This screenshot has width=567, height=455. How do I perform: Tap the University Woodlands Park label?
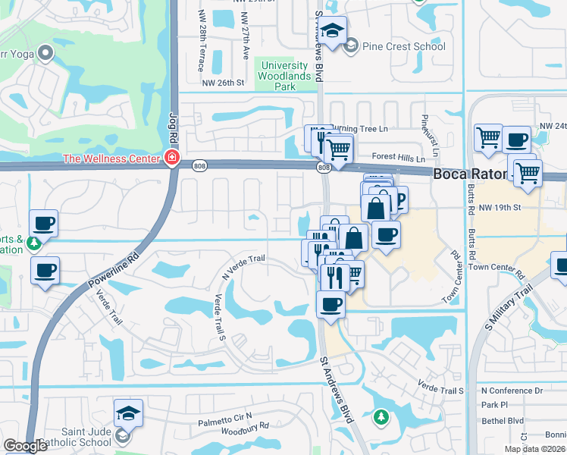[285, 77]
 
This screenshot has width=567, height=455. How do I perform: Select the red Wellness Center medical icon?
[173, 158]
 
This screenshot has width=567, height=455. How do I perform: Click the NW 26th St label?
[224, 83]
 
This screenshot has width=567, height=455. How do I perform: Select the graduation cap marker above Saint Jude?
[129, 413]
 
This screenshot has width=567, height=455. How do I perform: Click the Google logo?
[25, 446]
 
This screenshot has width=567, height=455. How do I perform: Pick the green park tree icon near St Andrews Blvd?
[381, 416]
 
